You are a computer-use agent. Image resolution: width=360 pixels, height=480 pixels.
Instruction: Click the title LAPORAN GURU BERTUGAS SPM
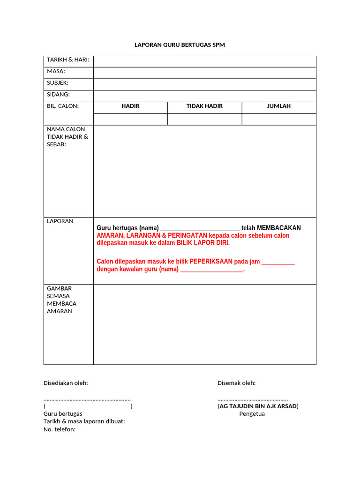click(180, 45)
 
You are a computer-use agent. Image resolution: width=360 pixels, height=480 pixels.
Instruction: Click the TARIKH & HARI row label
click(68, 60)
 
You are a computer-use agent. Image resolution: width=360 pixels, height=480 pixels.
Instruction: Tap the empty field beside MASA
click(204, 73)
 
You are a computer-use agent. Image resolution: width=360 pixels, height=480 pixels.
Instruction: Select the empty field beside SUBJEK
click(204, 84)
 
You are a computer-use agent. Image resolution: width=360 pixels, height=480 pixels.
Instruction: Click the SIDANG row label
click(58, 94)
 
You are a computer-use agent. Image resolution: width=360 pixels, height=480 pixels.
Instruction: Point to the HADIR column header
click(130, 106)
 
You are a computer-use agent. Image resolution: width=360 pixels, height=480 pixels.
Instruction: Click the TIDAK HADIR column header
click(204, 106)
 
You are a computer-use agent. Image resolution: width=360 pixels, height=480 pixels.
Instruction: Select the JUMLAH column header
click(278, 106)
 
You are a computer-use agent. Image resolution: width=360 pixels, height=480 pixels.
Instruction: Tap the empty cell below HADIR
click(130, 119)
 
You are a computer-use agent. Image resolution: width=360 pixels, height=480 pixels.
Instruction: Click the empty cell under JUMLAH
click(278, 119)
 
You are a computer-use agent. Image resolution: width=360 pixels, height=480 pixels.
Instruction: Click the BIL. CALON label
click(63, 106)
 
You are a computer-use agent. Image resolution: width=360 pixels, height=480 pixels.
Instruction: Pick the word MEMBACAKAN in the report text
click(279, 228)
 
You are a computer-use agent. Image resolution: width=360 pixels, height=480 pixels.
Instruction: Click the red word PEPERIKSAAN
click(211, 262)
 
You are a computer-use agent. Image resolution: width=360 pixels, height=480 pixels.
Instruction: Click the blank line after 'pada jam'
click(278, 262)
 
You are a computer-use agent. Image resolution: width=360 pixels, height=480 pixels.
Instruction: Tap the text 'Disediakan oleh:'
click(66, 383)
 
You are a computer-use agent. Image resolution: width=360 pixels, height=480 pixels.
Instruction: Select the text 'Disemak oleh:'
click(236, 383)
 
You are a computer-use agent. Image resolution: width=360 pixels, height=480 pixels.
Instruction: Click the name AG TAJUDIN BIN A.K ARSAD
click(258, 406)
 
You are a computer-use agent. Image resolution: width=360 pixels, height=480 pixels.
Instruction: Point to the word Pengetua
click(252, 414)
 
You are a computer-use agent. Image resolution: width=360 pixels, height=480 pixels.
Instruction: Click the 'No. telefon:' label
click(60, 429)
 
